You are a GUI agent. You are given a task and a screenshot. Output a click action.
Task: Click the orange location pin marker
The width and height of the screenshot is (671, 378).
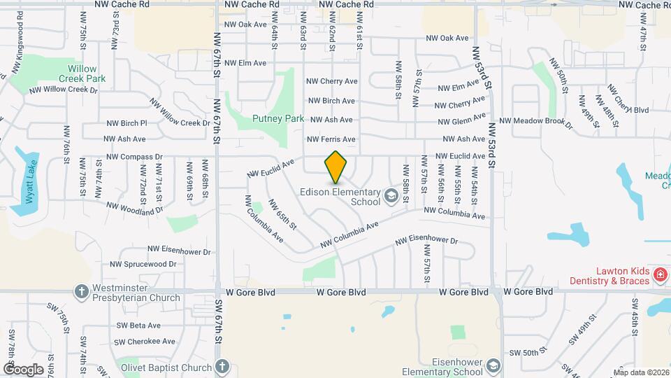[x=336, y=168]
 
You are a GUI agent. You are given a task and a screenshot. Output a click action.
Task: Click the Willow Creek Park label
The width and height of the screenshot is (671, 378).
[x=87, y=73]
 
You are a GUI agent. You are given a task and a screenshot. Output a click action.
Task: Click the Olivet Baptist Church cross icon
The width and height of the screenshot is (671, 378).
[x=222, y=367]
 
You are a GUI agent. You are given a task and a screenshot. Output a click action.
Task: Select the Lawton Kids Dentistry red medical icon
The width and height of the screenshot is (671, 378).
[x=658, y=274]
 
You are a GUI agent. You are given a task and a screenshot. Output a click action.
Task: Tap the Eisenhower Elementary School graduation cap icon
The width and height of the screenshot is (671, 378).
[x=493, y=367]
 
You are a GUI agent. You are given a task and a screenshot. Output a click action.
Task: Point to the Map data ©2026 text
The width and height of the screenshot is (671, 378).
[x=640, y=372]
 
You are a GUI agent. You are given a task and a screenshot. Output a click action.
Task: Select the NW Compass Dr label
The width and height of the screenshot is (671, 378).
[x=134, y=157]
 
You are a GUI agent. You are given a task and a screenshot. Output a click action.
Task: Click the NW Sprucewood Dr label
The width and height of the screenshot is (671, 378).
[x=143, y=264]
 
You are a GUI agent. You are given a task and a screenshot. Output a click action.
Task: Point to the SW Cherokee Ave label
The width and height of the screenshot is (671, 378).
[x=146, y=342]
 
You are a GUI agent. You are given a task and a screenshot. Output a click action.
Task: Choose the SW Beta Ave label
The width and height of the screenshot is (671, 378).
[x=138, y=325]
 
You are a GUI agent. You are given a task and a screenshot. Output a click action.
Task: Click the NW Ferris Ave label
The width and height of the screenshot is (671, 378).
[x=331, y=139]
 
